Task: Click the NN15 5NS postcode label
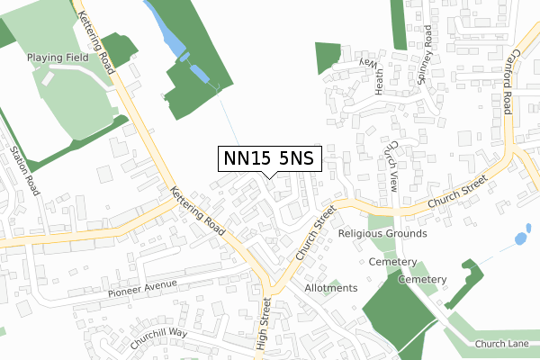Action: point(269,158)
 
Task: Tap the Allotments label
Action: point(331,288)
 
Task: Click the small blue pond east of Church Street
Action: point(519,239)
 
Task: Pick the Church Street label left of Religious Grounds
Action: point(314,229)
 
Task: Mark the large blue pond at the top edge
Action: point(165,29)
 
